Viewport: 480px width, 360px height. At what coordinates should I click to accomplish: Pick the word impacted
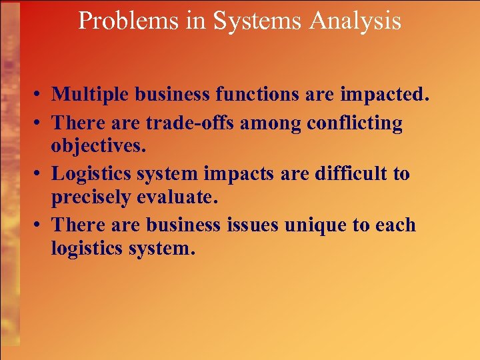pos(382,95)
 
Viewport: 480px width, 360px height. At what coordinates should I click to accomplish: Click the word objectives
pos(97,145)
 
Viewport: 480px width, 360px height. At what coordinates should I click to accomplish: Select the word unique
pos(316,226)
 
